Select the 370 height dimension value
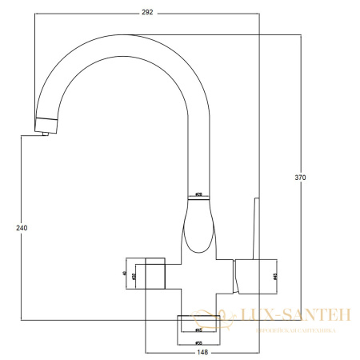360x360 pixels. coord(299,177)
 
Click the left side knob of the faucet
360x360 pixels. coord(146,275)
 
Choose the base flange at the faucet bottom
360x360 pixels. coord(198,324)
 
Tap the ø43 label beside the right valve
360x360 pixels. coord(275,275)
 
